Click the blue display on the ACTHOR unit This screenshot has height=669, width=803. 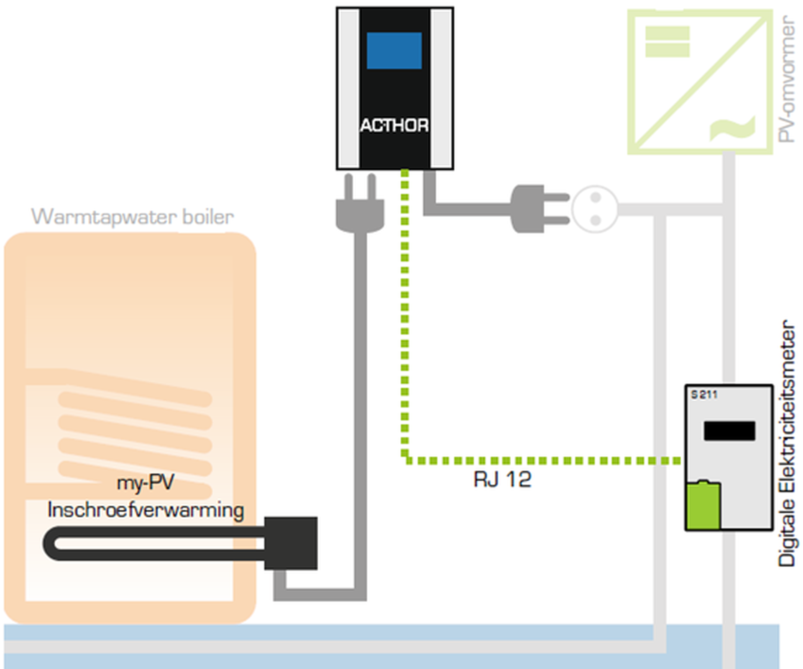[x=394, y=51]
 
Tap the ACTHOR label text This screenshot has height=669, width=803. [x=394, y=125]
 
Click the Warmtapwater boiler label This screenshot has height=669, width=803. [x=133, y=217]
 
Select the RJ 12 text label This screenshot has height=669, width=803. [x=502, y=479]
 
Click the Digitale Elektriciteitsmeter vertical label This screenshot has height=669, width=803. [x=786, y=443]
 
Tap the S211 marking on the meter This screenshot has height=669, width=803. [x=704, y=394]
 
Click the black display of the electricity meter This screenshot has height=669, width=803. [x=729, y=431]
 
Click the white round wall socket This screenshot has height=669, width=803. [x=595, y=209]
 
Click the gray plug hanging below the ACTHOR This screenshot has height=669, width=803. [x=360, y=209]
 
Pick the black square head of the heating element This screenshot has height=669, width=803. [x=291, y=543]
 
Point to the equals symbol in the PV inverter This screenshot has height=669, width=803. [x=667, y=41]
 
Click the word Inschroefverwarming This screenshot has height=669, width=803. [x=146, y=510]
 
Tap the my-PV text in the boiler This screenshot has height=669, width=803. [x=146, y=483]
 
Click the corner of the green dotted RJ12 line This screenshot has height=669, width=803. [x=405, y=460]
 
